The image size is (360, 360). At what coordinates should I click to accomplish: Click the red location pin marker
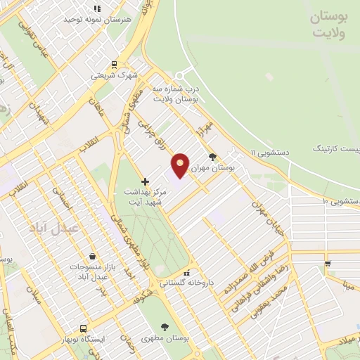[x=181, y=166]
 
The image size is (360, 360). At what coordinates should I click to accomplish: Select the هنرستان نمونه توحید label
[x=97, y=19]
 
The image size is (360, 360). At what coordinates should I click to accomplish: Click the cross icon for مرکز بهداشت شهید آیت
[x=145, y=181]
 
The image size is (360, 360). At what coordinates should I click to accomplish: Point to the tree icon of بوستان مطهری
[x=165, y=327]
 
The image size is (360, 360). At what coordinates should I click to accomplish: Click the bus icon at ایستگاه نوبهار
[x=84, y=328]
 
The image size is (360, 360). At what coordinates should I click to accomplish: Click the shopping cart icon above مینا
[x=328, y=264]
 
